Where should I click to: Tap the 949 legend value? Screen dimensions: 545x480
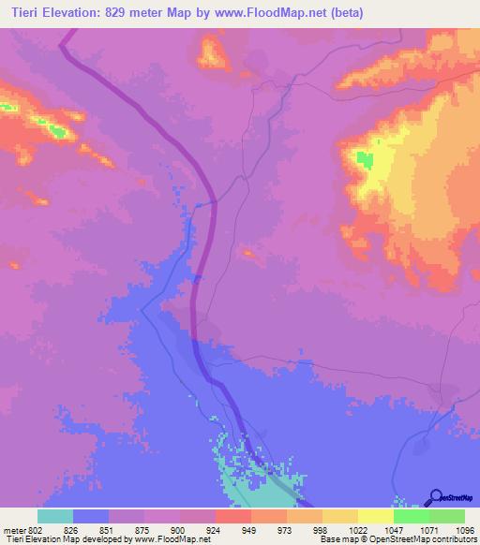pyautogui.click(x=250, y=530)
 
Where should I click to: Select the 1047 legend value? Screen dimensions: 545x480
pyautogui.click(x=393, y=530)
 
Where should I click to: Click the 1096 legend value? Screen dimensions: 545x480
pyautogui.click(x=464, y=530)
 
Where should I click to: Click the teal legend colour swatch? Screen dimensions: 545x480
pyautogui.click(x=55, y=517)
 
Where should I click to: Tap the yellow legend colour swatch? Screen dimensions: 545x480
pyautogui.click(x=376, y=517)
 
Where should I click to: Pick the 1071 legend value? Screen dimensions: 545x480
pyautogui.click(x=428, y=530)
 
